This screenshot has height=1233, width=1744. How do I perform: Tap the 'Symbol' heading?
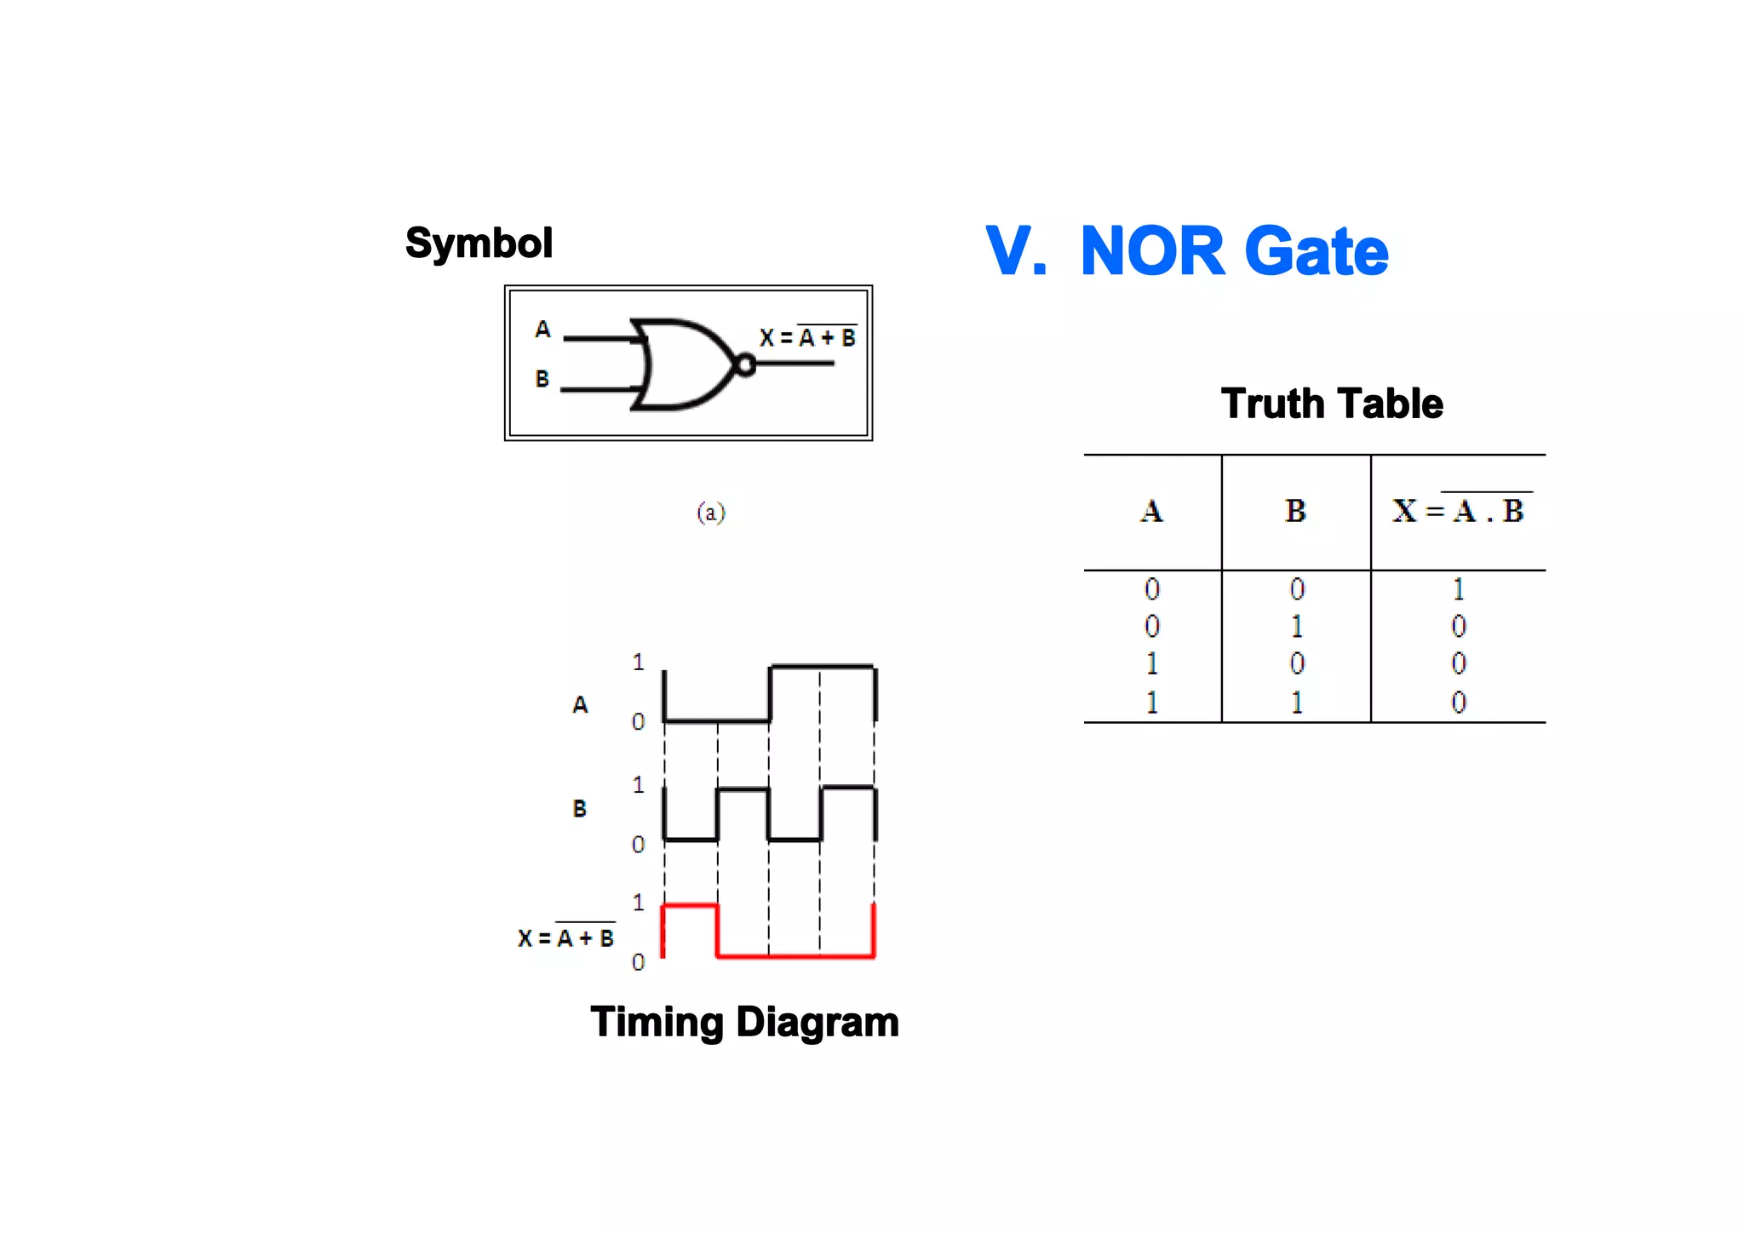pyautogui.click(x=479, y=244)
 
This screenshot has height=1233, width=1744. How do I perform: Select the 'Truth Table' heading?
pyautogui.click(x=1332, y=404)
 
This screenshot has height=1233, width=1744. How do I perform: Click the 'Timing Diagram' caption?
pyautogui.click(x=744, y=1022)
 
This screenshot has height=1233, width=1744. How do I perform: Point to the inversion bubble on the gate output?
pyautogui.click(x=744, y=365)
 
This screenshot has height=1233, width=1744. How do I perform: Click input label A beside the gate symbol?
pyautogui.click(x=542, y=330)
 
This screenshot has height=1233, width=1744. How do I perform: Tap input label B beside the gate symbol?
pyautogui.click(x=542, y=379)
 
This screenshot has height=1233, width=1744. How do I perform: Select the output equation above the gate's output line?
pyautogui.click(x=807, y=338)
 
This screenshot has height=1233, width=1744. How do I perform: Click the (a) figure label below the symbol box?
pyautogui.click(x=711, y=513)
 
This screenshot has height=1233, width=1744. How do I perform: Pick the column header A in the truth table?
pyautogui.click(x=1151, y=511)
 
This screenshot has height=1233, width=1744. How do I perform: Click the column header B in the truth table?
pyautogui.click(x=1295, y=511)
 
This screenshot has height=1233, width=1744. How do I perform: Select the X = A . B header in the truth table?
pyautogui.click(x=1459, y=511)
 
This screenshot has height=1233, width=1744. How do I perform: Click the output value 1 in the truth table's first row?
pyautogui.click(x=1458, y=589)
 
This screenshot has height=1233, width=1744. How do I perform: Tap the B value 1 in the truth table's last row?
pyautogui.click(x=1296, y=703)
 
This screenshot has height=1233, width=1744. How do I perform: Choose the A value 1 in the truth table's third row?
pyautogui.click(x=1151, y=663)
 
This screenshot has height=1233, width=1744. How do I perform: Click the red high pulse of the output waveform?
pyautogui.click(x=691, y=907)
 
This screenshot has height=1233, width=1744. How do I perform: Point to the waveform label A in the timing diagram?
pyautogui.click(x=580, y=705)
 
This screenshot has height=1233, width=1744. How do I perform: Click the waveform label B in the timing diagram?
pyautogui.click(x=579, y=809)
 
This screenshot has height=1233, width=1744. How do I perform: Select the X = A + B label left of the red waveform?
pyautogui.click(x=565, y=938)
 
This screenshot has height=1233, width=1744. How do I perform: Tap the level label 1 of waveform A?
pyautogui.click(x=638, y=662)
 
